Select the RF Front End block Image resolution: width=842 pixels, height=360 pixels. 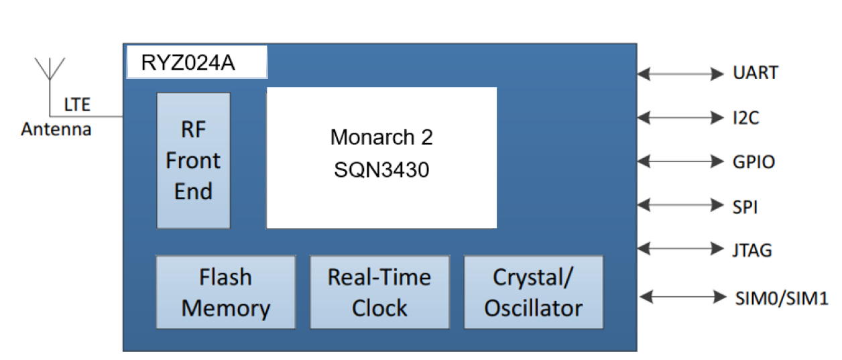pyautogui.click(x=193, y=161)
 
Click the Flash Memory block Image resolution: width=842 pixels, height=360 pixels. pyautogui.click(x=225, y=292)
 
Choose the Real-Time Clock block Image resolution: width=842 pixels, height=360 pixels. pyautogui.click(x=379, y=292)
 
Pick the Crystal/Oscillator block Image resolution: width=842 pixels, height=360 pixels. pyautogui.click(x=534, y=292)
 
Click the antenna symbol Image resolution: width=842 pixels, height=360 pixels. pyautogui.click(x=50, y=70)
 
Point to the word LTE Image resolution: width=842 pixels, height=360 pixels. pyautogui.click(x=77, y=105)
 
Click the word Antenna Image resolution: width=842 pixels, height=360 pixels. pyautogui.click(x=56, y=129)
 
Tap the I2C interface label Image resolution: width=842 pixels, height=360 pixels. pyautogui.click(x=745, y=118)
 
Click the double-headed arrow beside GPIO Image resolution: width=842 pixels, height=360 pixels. pyautogui.click(x=680, y=161)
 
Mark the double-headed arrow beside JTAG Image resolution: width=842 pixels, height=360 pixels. pyautogui.click(x=680, y=249)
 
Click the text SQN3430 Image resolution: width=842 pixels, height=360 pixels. pyautogui.click(x=381, y=170)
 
